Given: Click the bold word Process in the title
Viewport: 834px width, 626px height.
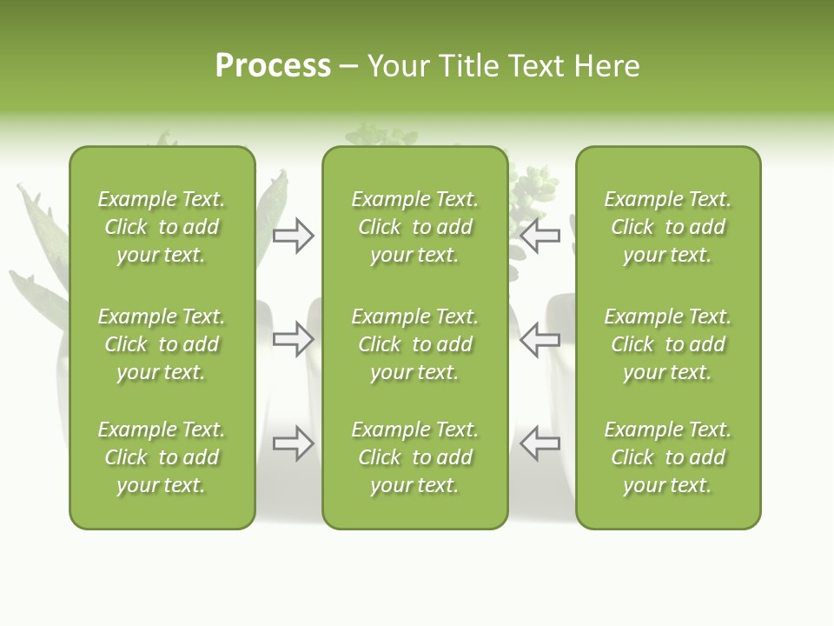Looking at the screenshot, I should click(273, 66).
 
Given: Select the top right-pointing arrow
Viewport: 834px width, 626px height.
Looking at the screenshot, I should click(293, 236).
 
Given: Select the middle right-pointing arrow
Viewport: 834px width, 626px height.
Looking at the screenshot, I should click(293, 339).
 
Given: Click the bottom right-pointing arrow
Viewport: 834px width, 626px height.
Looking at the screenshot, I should click(293, 443).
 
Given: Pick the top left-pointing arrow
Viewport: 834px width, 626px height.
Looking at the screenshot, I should click(540, 236).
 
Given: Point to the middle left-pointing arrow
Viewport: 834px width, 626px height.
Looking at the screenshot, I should click(540, 339).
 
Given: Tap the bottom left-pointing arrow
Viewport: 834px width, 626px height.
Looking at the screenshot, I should click(540, 443).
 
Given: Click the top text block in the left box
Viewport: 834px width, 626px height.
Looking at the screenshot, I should click(162, 227).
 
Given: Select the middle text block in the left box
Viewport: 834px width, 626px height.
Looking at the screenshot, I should click(162, 344).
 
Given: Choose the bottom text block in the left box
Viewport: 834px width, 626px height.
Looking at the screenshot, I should click(162, 457).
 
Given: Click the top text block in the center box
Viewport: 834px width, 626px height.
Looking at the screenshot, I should click(414, 227).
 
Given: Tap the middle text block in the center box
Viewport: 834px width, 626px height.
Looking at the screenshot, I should click(414, 344).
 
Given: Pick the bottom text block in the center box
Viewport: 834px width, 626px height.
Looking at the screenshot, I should click(414, 457).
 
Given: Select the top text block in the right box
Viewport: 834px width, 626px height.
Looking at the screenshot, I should click(667, 227).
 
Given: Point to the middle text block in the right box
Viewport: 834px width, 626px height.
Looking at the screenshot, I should click(667, 344).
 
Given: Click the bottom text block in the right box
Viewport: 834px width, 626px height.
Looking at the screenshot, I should click(667, 457).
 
